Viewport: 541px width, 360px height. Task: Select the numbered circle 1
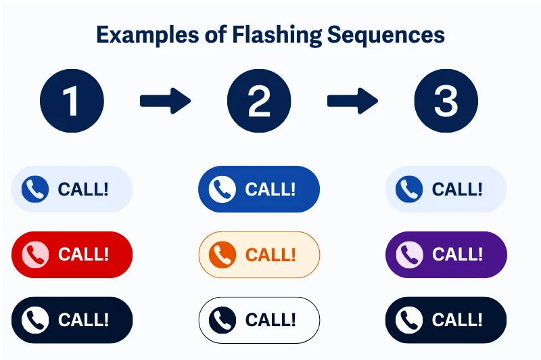[72, 101]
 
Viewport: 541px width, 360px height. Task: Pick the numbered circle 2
[259, 101]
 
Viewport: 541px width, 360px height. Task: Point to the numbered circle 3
[446, 101]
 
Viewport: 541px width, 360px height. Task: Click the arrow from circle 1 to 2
[165, 102]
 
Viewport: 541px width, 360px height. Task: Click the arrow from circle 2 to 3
[352, 102]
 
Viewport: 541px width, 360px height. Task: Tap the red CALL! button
[72, 254]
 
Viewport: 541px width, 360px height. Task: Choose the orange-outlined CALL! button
[259, 254]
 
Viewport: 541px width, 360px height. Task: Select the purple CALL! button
[446, 254]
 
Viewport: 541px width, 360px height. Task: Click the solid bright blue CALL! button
[259, 189]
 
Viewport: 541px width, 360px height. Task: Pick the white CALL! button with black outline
[259, 319]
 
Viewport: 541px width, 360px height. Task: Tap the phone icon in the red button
[35, 254]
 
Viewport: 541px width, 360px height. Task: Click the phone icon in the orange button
[222, 254]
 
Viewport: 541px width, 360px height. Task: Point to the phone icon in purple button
[409, 254]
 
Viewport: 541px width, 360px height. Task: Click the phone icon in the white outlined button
[222, 319]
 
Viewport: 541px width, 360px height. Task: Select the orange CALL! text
[270, 254]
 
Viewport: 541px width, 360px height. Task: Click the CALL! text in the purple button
[457, 254]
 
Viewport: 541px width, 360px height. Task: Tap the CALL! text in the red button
[83, 254]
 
